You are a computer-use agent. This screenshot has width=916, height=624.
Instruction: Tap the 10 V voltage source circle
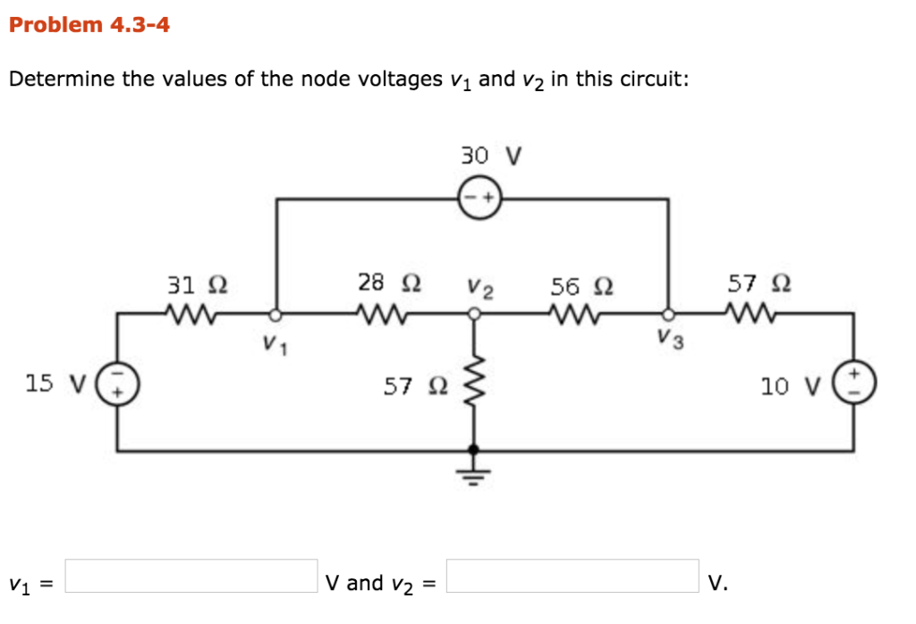853,384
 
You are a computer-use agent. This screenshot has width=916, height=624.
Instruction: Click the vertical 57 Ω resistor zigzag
474,384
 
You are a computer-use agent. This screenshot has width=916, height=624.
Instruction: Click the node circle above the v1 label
276,314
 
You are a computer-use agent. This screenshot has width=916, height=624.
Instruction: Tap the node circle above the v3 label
667,314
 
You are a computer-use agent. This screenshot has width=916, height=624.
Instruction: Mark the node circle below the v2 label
474,314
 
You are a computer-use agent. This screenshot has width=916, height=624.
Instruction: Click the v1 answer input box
191,576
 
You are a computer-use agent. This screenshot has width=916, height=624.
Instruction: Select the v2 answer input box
572,576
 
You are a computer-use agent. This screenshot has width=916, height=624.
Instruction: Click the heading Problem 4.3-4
89,25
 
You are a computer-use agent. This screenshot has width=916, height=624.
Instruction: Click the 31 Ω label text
197,285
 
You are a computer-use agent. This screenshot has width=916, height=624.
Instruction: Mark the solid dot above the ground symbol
474,451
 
